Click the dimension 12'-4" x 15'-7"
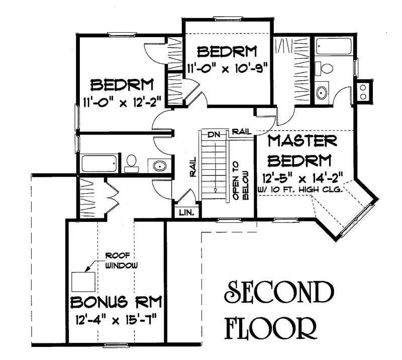tap(116, 319)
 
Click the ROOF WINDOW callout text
tap(120, 261)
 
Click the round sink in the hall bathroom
tap(159, 165)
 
